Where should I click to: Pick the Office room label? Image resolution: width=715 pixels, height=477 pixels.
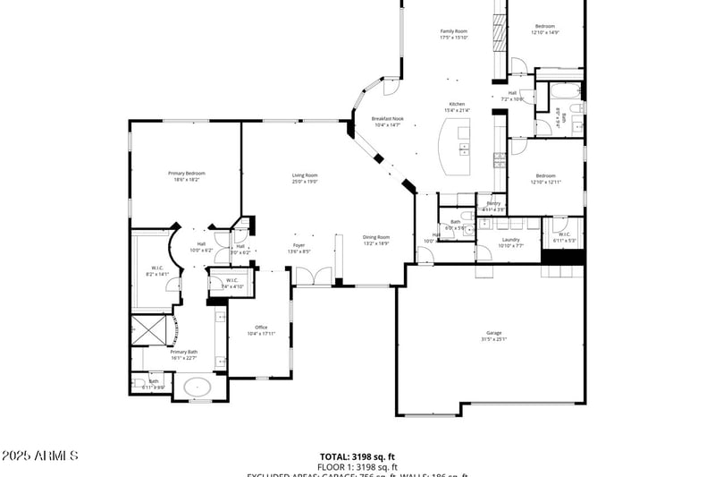(261, 328)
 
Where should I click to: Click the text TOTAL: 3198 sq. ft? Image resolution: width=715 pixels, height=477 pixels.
(357, 456)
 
